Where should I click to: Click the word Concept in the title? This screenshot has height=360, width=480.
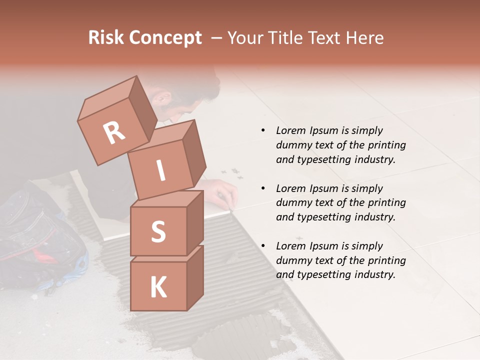click(x=165, y=38)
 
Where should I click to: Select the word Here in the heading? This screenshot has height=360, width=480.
click(x=365, y=38)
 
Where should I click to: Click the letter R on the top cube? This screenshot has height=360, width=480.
click(x=114, y=132)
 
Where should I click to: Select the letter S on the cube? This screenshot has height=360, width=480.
click(x=158, y=231)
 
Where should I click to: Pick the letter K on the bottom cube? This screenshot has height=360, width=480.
click(x=158, y=287)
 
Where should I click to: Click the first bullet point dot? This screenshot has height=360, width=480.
click(x=263, y=130)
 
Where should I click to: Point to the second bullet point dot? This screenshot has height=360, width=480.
click(x=263, y=188)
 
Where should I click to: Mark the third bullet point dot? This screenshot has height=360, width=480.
click(x=263, y=246)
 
